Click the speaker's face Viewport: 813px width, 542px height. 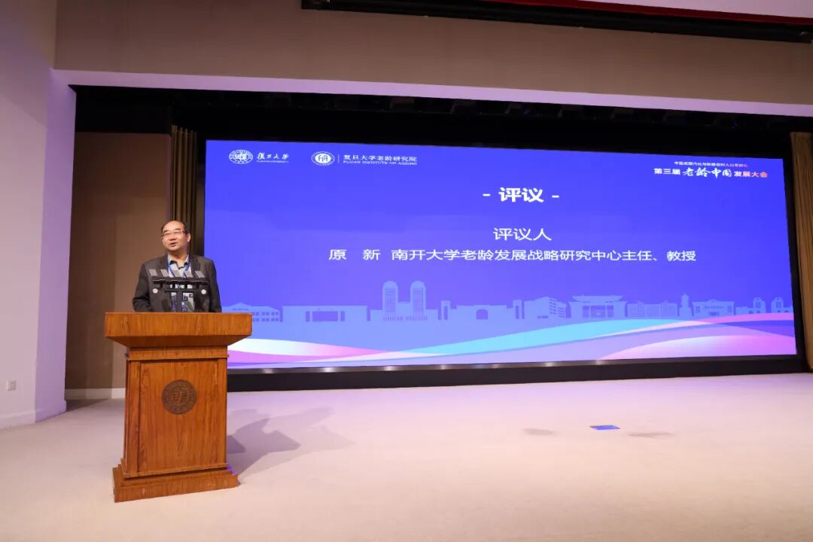click(175, 239)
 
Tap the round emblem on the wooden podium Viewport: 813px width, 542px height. click(179, 396)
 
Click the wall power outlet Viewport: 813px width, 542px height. click(11, 385)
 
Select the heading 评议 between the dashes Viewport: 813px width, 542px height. click(521, 195)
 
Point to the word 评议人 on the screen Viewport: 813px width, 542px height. click(522, 234)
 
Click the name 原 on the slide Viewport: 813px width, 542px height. click(337, 255)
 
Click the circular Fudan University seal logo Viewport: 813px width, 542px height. click(240, 157)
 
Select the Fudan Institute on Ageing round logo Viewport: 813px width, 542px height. click(323, 158)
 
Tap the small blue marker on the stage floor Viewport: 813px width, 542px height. click(604, 427)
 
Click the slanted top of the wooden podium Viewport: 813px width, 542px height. click(178, 324)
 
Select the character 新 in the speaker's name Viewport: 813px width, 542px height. click(371, 255)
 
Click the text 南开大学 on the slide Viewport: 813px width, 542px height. click(413, 255)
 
